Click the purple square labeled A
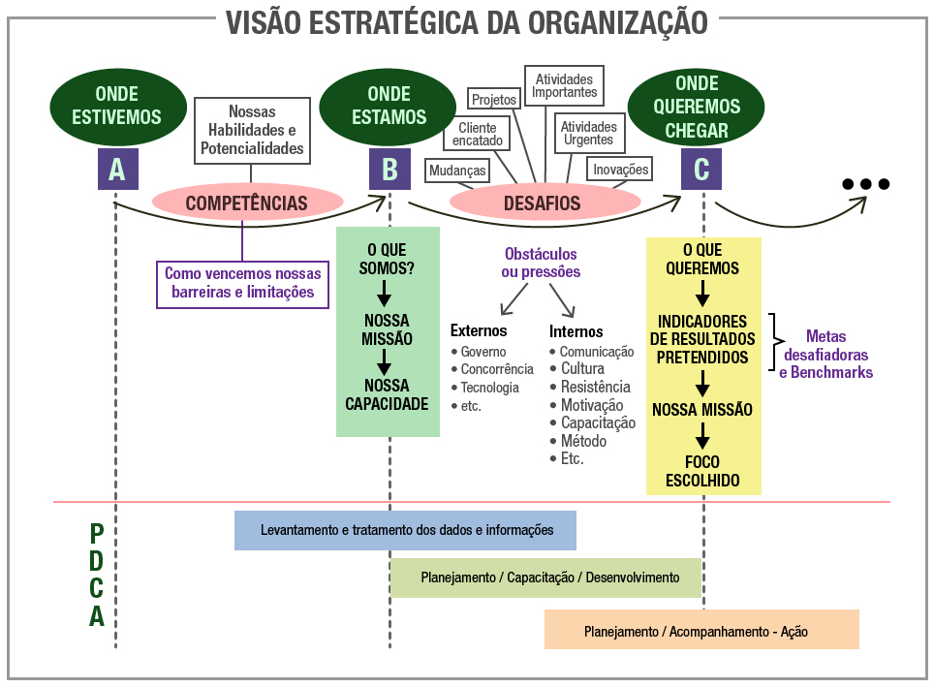tap(117, 170)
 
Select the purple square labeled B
tap(389, 170)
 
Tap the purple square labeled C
tap(701, 170)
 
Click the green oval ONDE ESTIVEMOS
tap(117, 106)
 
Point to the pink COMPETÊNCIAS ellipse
tap(247, 203)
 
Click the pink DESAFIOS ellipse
tap(544, 203)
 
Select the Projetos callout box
tap(494, 99)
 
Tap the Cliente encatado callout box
tap(477, 135)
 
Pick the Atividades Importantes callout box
tap(565, 85)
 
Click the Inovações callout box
tap(620, 170)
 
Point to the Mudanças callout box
tap(456, 171)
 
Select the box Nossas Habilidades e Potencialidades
tap(252, 131)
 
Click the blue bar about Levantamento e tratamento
tap(405, 530)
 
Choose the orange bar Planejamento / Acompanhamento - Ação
tap(700, 630)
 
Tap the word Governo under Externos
tap(483, 352)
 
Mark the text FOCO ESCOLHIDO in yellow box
tap(702, 472)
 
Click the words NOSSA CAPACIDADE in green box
tap(387, 395)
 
